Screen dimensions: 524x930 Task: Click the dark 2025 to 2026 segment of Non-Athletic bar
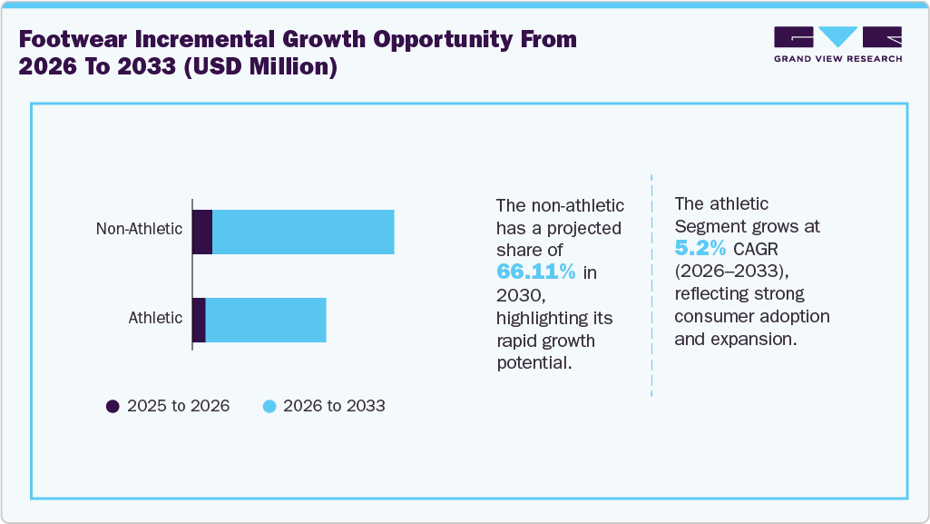coord(202,232)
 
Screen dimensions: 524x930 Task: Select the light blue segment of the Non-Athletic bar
coord(303,232)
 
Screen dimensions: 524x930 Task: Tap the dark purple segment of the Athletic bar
coord(199,320)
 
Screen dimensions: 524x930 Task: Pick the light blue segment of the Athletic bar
coord(266,320)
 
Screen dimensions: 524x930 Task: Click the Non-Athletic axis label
coord(139,229)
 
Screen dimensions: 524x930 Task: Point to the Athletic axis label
coord(155,318)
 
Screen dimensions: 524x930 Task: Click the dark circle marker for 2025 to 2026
coord(113,407)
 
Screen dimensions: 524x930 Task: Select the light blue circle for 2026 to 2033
coord(269,407)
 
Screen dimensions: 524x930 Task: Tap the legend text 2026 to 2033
coord(334,407)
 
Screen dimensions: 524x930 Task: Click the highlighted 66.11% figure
coord(536,272)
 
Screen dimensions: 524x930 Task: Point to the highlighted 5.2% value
coord(700,248)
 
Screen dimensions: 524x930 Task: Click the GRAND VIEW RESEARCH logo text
coord(837,59)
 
